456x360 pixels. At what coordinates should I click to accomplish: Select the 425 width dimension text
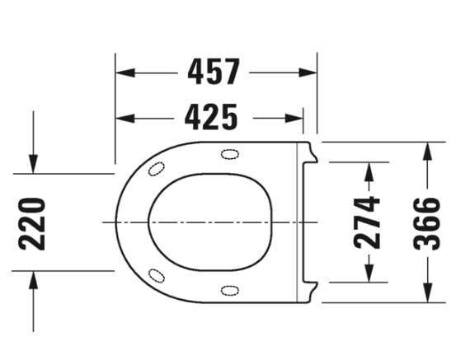tap(210, 118)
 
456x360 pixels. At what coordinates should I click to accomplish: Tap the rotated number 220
tap(32, 222)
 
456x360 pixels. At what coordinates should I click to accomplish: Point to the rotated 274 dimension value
tap(368, 222)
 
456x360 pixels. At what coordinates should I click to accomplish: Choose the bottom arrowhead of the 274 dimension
tap(368, 274)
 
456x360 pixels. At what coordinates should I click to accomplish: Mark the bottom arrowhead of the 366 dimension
tap(427, 294)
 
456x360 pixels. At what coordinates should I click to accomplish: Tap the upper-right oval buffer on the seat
tap(229, 154)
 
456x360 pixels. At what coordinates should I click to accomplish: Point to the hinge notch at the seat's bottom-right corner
tap(310, 290)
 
